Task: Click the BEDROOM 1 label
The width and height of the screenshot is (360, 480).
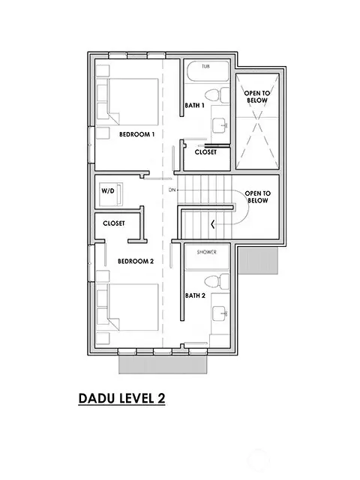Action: [x=136, y=135]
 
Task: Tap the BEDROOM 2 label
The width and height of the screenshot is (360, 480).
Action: [x=136, y=261]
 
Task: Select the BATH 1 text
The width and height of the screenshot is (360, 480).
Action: [x=195, y=106]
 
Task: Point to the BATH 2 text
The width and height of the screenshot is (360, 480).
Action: [x=195, y=295]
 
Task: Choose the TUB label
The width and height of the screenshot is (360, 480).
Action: [x=205, y=67]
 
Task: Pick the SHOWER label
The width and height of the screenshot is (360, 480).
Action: [x=207, y=253]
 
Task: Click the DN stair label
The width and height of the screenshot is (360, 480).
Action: [x=172, y=190]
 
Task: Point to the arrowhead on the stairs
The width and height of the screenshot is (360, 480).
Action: [x=214, y=223]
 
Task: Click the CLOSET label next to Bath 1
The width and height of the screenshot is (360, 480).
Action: [x=205, y=152]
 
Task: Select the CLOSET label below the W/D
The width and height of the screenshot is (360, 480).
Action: [x=114, y=223]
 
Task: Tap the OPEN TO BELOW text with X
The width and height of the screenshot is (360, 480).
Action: [x=256, y=97]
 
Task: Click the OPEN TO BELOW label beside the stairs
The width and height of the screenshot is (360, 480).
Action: [x=257, y=196]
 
